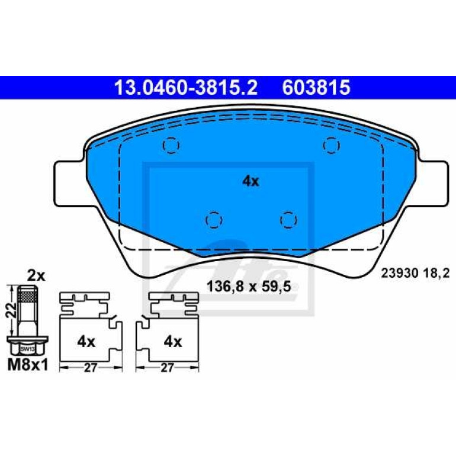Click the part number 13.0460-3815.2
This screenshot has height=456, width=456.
(186, 87)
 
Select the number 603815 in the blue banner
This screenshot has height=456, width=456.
(316, 87)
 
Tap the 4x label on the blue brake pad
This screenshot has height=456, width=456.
(251, 181)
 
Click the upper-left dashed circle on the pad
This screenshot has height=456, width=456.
(171, 145)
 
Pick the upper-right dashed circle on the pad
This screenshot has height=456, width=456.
(332, 145)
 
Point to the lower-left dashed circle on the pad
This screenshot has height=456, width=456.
(214, 220)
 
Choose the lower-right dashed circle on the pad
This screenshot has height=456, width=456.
(288, 220)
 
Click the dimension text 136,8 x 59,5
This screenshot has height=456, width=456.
(249, 287)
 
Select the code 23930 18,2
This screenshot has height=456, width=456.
(415, 274)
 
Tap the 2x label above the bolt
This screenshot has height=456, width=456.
(36, 276)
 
